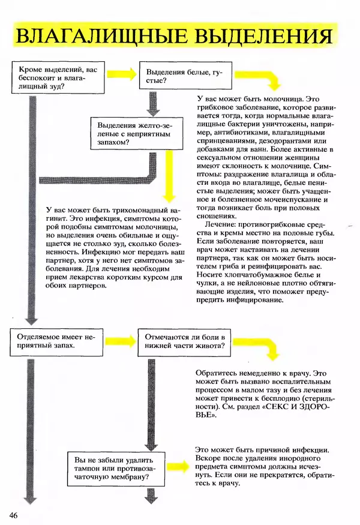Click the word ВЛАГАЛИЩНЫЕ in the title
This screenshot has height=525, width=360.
(x=94, y=37)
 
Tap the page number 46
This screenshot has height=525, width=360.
(x=14, y=515)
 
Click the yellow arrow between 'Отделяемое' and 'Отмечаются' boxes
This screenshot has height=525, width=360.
(x=121, y=341)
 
